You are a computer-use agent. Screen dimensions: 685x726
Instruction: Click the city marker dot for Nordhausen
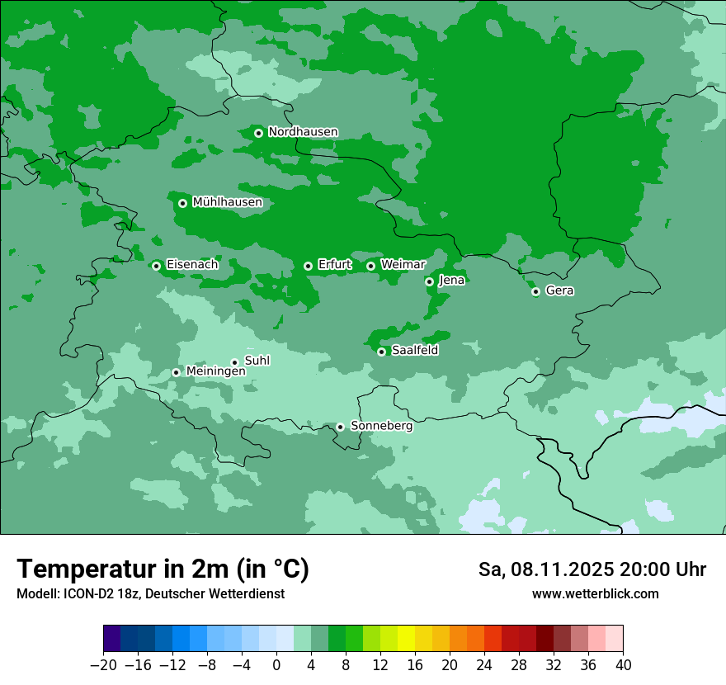258,133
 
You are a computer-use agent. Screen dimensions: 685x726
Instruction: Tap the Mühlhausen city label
227,202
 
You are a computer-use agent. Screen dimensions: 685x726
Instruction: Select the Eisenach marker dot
156,266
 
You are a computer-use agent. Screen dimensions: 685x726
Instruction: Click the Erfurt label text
334,265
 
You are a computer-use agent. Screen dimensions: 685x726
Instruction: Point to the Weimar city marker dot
370,266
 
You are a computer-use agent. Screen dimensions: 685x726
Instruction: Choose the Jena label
451,281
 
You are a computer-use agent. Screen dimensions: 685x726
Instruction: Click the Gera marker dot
535,291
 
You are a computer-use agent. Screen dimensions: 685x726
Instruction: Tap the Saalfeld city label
414,351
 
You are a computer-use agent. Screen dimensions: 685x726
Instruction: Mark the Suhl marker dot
234,362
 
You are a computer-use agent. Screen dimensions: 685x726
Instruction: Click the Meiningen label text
215,372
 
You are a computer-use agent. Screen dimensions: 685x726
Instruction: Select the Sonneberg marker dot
340,427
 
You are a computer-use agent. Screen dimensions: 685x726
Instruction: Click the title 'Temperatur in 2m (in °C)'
163,569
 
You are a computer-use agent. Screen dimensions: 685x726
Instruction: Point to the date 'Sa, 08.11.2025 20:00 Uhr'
592,569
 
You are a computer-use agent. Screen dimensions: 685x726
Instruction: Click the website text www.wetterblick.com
595,594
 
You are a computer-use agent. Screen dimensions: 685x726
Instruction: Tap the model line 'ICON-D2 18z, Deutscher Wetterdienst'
150,594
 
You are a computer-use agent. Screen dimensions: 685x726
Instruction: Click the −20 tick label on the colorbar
103,665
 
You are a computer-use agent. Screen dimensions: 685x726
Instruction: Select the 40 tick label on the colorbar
623,665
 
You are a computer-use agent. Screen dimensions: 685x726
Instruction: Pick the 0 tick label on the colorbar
276,665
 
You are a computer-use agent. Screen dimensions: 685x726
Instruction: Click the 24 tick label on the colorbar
484,665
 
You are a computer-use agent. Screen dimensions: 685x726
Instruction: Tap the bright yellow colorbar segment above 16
406,639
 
